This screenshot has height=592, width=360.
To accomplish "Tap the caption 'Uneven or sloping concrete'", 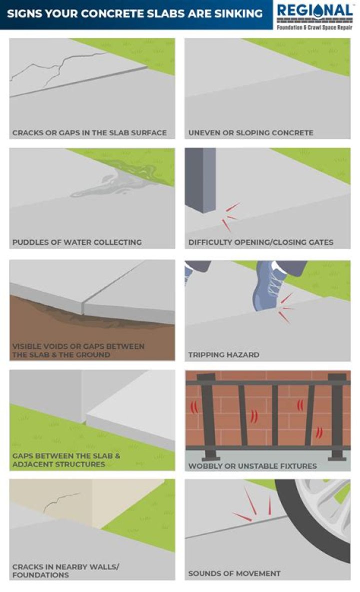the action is coord(251,133).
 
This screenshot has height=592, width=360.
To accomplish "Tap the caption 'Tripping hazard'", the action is coord(224,355).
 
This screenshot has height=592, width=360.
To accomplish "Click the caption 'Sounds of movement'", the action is coord(234,573).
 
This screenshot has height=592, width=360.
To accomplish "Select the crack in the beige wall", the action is coord(61,501).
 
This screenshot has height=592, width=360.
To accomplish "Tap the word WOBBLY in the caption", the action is coord(201,466).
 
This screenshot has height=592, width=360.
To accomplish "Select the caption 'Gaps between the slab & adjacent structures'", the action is coord(66,460).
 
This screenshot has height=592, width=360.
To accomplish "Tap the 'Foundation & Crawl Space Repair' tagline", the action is coord(314,28).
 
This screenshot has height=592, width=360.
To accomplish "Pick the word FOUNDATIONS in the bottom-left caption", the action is coord(41,575).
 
